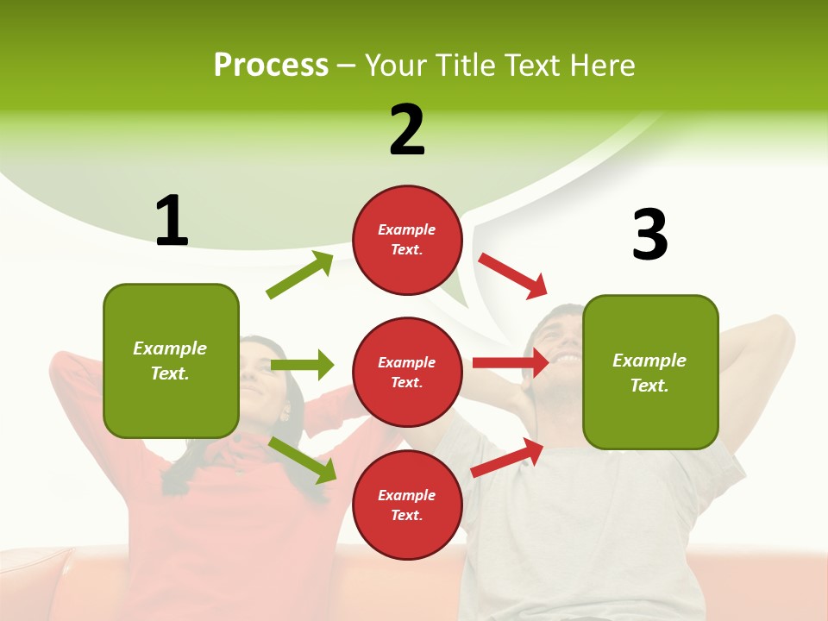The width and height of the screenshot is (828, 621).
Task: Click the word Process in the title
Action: (x=271, y=66)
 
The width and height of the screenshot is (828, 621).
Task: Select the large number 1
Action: (x=171, y=221)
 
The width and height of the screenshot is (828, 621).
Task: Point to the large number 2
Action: (x=407, y=130)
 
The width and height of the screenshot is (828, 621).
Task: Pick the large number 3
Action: (x=649, y=235)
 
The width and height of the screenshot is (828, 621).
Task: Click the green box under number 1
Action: (x=171, y=361)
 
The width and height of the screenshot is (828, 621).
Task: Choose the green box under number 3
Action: (x=650, y=372)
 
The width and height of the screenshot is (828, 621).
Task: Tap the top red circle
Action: (x=407, y=240)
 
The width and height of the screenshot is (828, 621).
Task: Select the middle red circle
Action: (x=407, y=372)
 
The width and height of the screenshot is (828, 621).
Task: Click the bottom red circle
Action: (x=407, y=505)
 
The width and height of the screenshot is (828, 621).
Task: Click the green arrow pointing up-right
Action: (x=300, y=275)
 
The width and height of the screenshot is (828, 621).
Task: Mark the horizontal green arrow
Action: (x=302, y=365)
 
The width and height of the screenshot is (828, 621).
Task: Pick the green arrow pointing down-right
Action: (x=302, y=460)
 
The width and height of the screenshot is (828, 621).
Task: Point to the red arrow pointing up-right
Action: (x=507, y=458)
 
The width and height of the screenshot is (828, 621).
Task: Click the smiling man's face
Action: (x=561, y=341)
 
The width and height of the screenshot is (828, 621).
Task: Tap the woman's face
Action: (x=259, y=367)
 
